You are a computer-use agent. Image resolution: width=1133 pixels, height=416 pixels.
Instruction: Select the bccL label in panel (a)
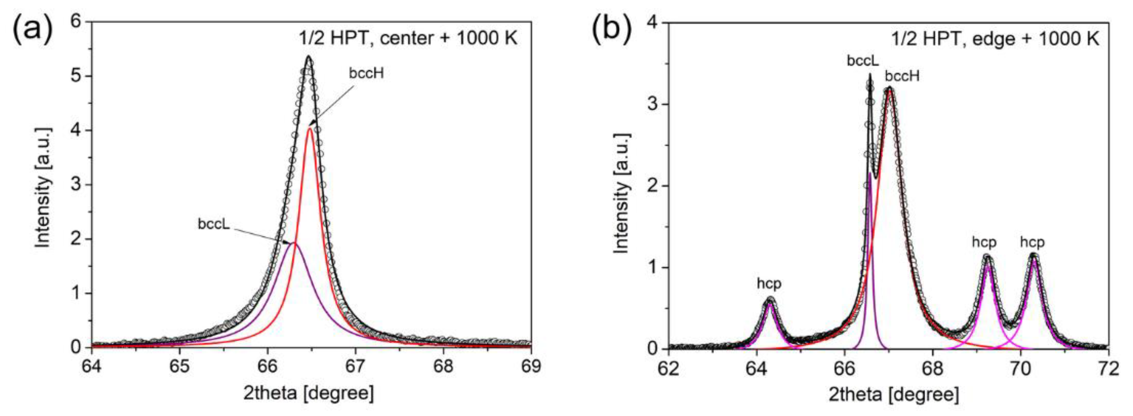point(214,224)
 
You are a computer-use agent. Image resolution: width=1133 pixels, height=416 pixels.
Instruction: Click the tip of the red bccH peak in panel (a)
point(310,128)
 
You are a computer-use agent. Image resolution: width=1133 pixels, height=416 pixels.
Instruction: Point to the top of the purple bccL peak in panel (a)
point(293,243)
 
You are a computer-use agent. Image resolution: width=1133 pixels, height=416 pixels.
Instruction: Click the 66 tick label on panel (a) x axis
point(267,366)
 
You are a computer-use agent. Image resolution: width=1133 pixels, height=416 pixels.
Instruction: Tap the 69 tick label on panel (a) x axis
point(531,366)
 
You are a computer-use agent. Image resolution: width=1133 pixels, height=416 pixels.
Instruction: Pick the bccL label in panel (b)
point(863,61)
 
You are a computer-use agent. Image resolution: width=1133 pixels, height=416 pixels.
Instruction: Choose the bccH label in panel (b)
point(903,76)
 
